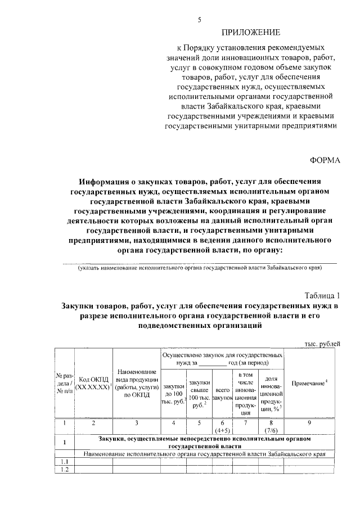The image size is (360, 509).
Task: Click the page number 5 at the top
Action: [x=199, y=20]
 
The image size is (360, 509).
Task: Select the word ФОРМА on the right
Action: [x=326, y=160]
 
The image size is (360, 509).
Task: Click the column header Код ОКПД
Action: [x=94, y=383]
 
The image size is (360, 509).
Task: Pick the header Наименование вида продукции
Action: [x=136, y=383]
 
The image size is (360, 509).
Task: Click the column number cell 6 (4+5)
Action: [x=223, y=426]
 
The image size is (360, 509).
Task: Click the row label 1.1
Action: [x=65, y=462]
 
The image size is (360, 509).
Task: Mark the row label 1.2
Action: [x=65, y=471]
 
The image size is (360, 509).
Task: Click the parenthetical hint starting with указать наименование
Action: [x=200, y=268]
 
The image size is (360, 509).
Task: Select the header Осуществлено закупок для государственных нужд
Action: [x=222, y=360]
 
